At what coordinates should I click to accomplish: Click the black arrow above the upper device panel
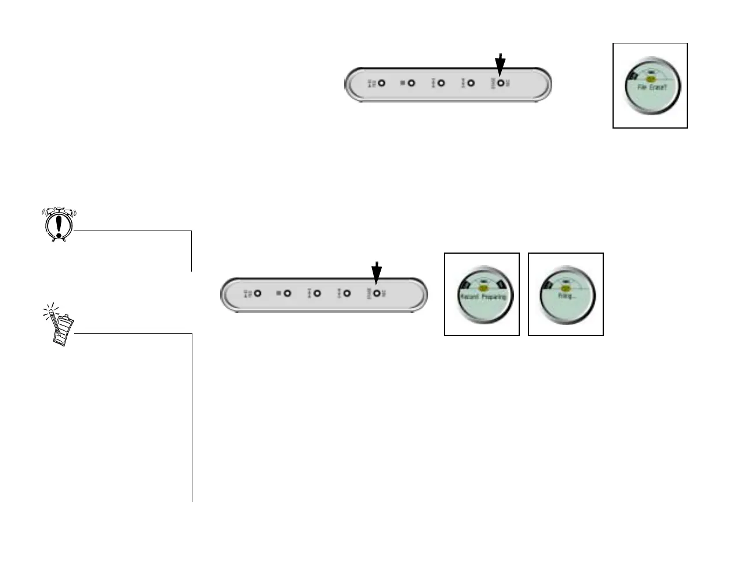500,63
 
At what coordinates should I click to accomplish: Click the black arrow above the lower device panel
377,272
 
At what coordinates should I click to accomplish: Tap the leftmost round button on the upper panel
381,83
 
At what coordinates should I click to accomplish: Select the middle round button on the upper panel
441,83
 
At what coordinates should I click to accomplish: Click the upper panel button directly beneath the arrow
500,83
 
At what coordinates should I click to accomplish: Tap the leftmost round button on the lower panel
258,294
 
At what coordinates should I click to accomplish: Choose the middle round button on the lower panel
317,294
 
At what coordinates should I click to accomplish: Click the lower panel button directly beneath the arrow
377,294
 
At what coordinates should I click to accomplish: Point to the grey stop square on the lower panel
279,294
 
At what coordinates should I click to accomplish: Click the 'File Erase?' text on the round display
652,88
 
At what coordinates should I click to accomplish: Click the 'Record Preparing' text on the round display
482,297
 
